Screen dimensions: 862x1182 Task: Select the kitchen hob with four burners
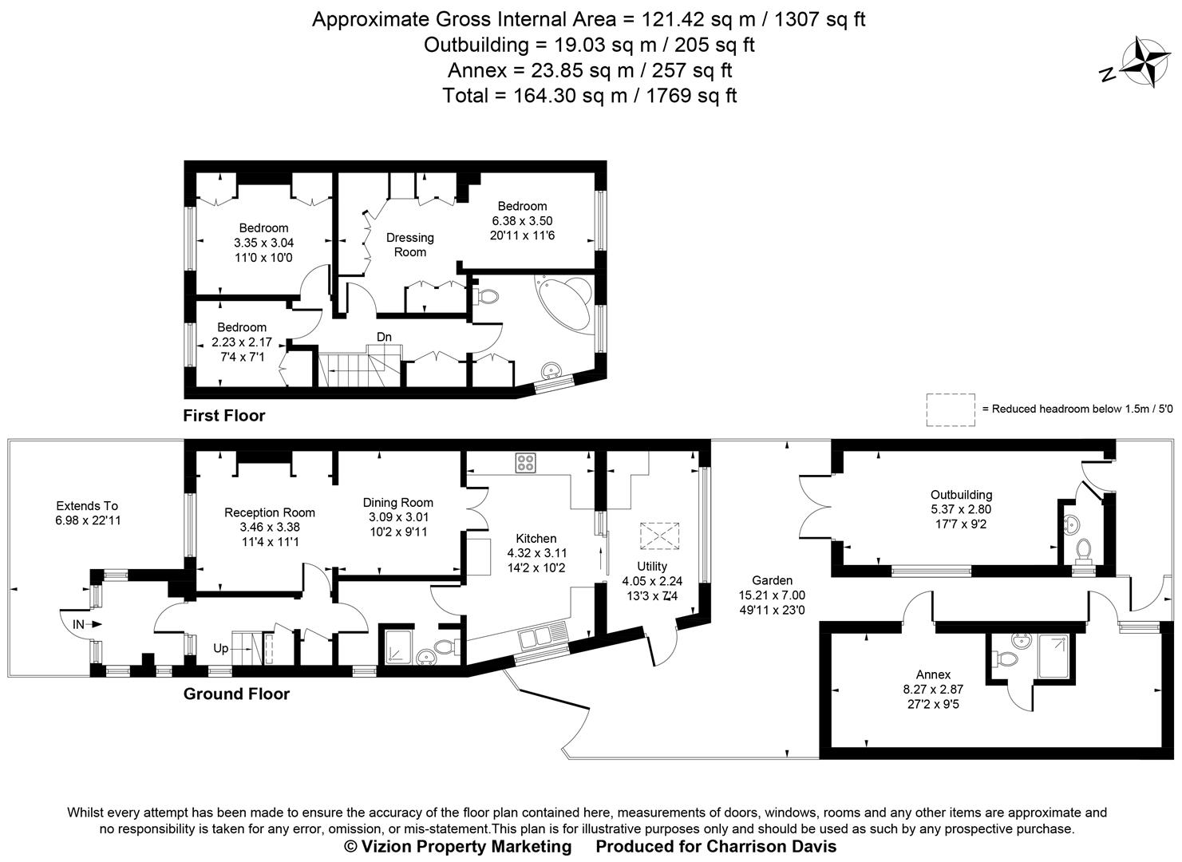pyautogui.click(x=526, y=463)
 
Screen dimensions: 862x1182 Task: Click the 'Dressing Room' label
pyautogui.click(x=409, y=244)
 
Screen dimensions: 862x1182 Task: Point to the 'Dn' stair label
pyautogui.click(x=384, y=337)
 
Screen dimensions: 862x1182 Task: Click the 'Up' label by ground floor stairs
pyautogui.click(x=220, y=649)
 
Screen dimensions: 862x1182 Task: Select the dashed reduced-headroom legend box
pyautogui.click(x=950, y=409)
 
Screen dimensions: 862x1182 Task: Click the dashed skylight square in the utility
pyautogui.click(x=659, y=536)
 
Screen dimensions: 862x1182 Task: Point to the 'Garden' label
pyautogui.click(x=772, y=580)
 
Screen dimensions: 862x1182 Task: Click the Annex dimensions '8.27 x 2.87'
pyautogui.click(x=933, y=690)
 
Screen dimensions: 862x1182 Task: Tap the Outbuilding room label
pyautogui.click(x=961, y=495)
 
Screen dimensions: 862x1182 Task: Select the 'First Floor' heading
pyautogui.click(x=223, y=415)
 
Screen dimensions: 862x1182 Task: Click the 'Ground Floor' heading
pyautogui.click(x=236, y=694)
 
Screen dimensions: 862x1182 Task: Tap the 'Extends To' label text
pyautogui.click(x=87, y=505)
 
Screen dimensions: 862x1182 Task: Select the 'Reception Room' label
pyautogui.click(x=270, y=512)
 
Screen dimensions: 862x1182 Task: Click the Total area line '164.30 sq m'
pyautogui.click(x=589, y=96)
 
